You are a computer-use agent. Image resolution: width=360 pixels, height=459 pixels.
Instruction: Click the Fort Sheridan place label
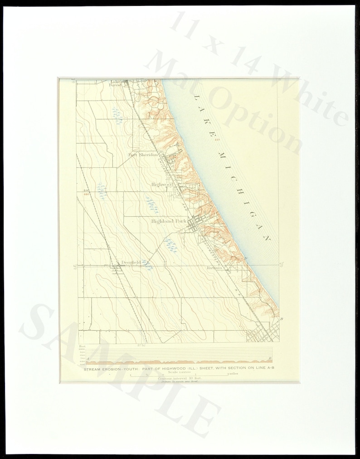click(142, 154)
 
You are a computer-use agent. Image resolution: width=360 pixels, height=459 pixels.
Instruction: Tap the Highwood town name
click(163, 185)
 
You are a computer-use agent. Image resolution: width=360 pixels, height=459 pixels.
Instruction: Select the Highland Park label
click(169, 221)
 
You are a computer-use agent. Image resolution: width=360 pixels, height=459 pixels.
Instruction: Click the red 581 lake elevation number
click(218, 139)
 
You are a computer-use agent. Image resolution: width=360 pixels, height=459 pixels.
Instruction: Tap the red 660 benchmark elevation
click(86, 194)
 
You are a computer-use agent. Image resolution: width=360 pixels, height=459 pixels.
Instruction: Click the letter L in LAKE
click(196, 97)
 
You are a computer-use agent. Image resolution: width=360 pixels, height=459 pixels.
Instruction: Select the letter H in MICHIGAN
click(243, 190)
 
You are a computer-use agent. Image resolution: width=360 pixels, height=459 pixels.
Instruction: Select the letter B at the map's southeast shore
click(282, 319)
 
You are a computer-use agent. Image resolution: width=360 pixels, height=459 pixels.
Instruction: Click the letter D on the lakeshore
click(245, 258)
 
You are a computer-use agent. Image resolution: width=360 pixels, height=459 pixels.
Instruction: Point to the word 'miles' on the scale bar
click(233, 374)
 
